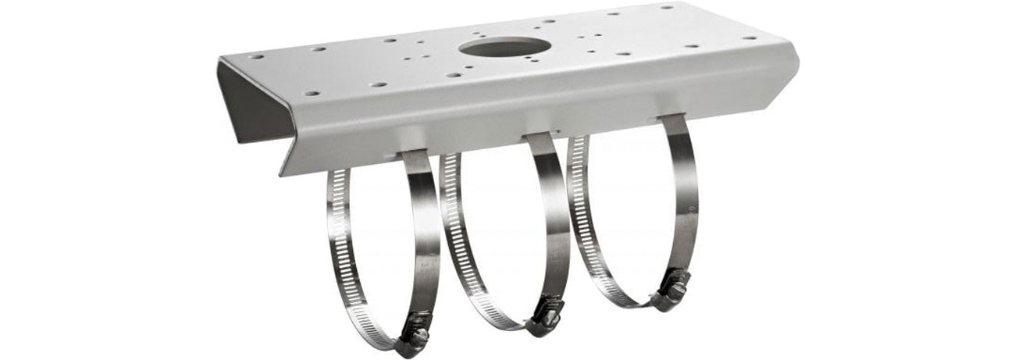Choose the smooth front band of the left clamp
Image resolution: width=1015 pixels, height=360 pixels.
426,234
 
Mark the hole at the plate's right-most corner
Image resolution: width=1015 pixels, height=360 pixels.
749,37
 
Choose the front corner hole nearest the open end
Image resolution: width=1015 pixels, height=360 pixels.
312,93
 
